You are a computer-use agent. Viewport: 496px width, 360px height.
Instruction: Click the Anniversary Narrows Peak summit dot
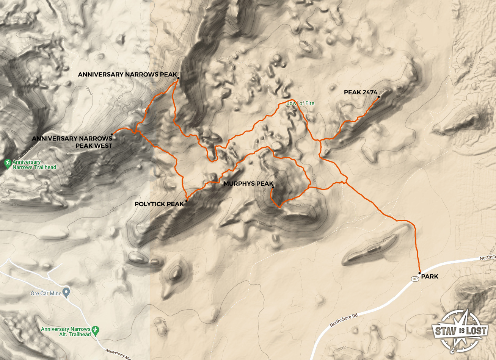coord(178,78)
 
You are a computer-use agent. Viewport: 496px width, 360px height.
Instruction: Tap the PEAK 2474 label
coord(360,92)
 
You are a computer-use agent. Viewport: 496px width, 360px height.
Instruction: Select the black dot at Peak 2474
coord(379,97)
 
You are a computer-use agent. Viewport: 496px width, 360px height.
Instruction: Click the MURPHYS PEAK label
coord(248,184)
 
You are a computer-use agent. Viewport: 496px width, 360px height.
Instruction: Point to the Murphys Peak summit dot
coord(273,187)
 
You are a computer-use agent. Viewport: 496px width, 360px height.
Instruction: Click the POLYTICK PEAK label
coord(159,204)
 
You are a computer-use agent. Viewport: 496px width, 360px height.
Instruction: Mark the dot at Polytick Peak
coord(186,201)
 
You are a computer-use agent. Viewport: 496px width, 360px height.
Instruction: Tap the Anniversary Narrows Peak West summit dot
coord(112,134)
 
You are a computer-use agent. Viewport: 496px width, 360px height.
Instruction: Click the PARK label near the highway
coord(430,277)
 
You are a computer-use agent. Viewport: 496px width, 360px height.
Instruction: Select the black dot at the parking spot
coord(419,273)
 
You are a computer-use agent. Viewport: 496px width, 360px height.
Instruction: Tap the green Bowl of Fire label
coord(300,103)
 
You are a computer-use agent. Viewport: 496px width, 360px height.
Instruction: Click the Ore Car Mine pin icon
coord(66,292)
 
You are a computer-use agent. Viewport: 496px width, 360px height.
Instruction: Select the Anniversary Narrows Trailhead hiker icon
coord(7,163)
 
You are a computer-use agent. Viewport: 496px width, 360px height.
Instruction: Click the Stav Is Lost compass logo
coord(460,330)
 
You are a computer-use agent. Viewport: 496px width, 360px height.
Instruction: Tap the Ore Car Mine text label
coord(46,293)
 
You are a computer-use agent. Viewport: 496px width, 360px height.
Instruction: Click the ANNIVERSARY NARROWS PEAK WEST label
coord(72,142)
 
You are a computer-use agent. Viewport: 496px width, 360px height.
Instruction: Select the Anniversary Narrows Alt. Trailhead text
coord(66,332)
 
